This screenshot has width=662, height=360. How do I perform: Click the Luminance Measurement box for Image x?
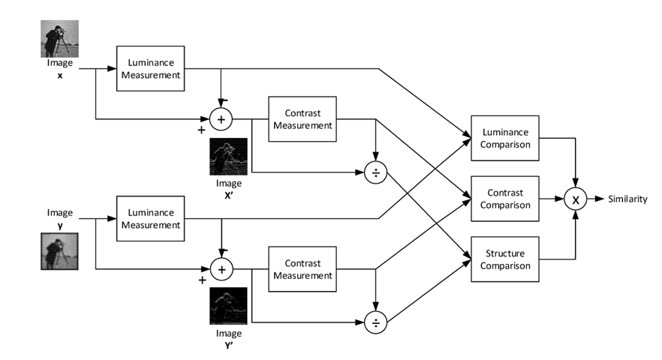click(x=149, y=68)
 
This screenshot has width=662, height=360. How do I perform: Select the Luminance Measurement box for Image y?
click(x=149, y=218)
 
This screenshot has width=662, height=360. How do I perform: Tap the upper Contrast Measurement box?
click(x=302, y=118)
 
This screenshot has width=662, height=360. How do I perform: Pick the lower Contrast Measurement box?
click(x=302, y=269)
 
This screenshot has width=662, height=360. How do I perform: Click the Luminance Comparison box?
click(x=504, y=137)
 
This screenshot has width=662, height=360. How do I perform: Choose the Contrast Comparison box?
click(x=504, y=199)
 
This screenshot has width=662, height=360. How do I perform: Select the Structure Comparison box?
click(x=504, y=259)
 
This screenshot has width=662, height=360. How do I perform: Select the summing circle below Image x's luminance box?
click(x=221, y=118)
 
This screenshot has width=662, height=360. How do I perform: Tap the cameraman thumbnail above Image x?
click(x=60, y=38)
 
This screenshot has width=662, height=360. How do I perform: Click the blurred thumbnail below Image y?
click(x=60, y=251)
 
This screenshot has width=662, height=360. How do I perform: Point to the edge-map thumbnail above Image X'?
click(x=228, y=157)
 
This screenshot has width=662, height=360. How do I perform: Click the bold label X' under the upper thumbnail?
click(x=230, y=194)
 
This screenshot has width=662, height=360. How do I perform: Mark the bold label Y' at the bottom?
click(x=230, y=345)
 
